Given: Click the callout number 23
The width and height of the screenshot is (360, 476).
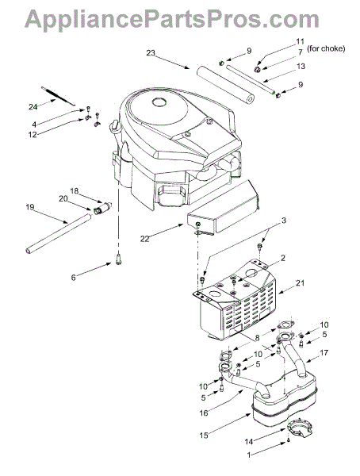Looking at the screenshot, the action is tap(151, 53).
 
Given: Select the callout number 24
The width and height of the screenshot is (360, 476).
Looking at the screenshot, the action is tap(33, 106).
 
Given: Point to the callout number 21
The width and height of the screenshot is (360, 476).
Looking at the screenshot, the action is tap(301, 282).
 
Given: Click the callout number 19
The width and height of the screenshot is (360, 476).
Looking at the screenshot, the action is tap(30, 207).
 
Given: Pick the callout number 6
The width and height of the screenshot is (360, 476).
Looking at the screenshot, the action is tap(73, 277).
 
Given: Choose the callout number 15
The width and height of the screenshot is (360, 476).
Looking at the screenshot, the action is tap(204, 435).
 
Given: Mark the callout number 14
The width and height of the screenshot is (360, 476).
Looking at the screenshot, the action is tap(249, 441).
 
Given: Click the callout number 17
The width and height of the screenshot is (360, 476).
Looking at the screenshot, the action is tap(324, 353).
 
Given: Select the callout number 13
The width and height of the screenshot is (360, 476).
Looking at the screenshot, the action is tap(301, 66).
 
